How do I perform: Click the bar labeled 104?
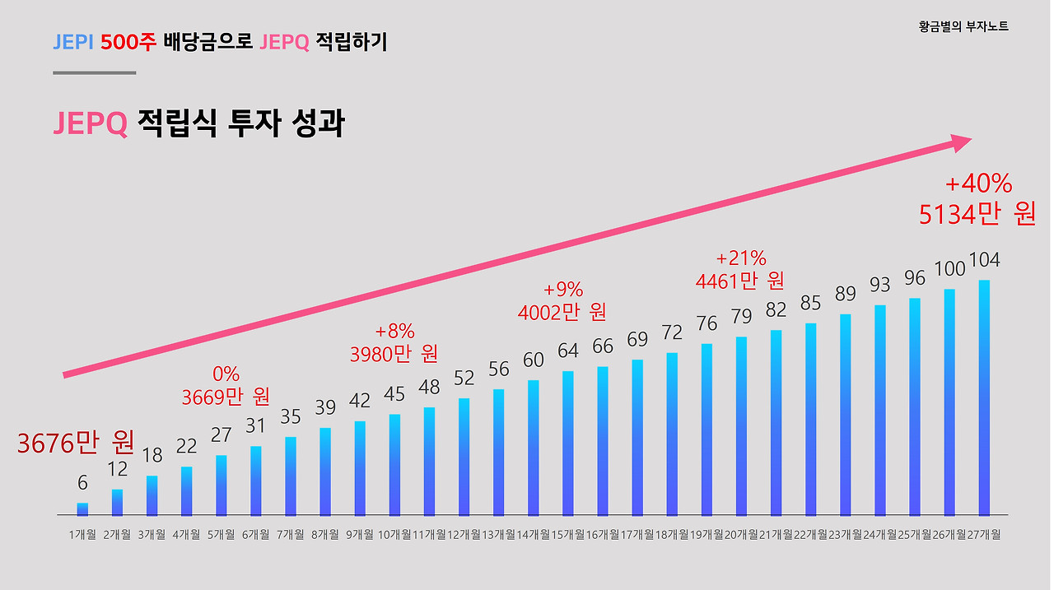(x=984, y=397)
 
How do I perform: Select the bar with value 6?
(x=82, y=509)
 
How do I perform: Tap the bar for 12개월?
(x=464, y=457)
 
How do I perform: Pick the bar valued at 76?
(x=707, y=429)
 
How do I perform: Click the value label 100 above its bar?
(x=949, y=269)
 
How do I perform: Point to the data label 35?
(x=290, y=417)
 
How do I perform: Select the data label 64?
(x=567, y=351)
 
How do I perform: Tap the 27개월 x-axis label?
(x=985, y=535)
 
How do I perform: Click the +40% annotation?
(x=978, y=184)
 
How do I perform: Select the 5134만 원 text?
(x=977, y=214)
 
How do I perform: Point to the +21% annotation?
(x=740, y=258)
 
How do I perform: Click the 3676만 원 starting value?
(x=76, y=444)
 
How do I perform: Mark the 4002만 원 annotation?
(x=562, y=313)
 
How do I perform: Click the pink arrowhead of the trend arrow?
(x=960, y=143)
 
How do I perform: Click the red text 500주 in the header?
(x=128, y=43)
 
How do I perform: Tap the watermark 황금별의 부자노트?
(x=963, y=26)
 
